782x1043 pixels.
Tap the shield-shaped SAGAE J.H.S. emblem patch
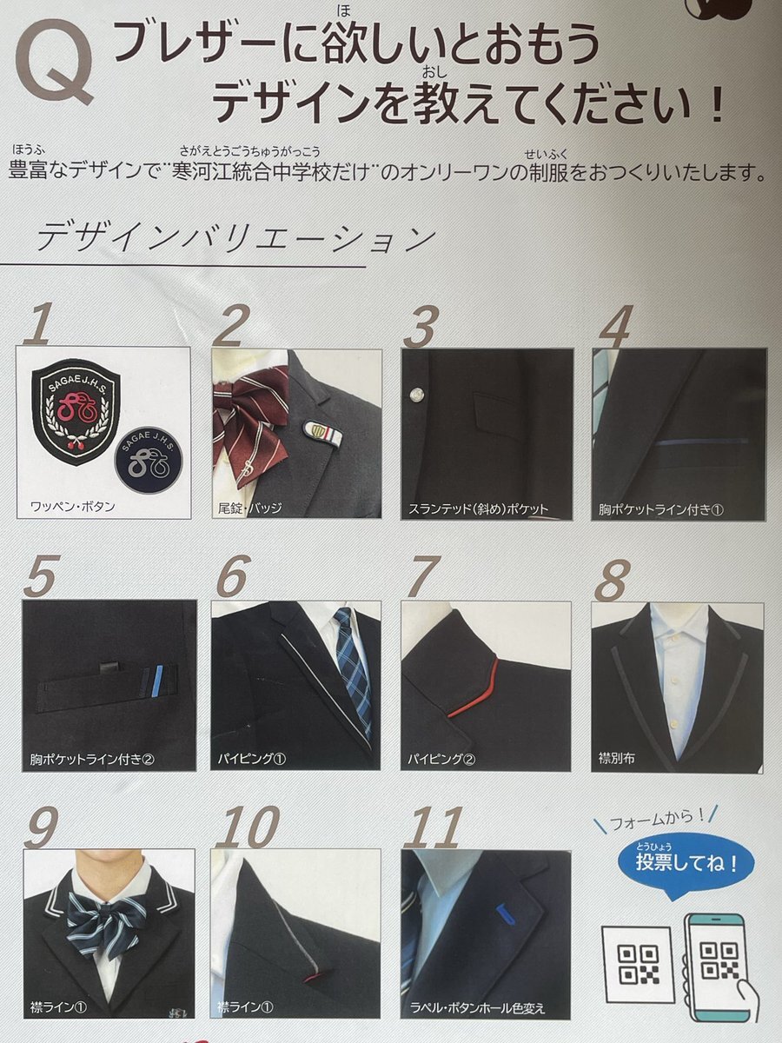(75, 412)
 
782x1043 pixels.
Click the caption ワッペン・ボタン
(73, 507)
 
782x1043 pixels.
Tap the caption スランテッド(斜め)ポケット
(478, 509)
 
